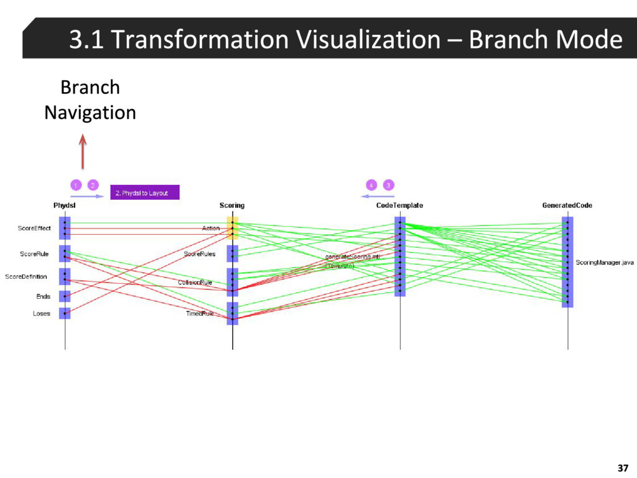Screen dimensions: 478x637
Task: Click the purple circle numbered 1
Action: pos(75,185)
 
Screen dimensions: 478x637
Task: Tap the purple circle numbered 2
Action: pos(93,185)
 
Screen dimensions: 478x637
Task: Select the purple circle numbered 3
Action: pos(388,185)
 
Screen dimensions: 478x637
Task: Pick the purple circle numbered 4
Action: pos(371,185)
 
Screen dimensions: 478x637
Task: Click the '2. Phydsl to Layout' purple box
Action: pos(145,193)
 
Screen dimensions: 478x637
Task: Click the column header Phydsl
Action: pos(65,205)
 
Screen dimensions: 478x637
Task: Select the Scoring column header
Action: pos(232,205)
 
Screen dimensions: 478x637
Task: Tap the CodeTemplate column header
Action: pos(399,205)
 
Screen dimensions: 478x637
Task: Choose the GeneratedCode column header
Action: pos(567,205)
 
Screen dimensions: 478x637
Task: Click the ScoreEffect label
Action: pos(34,228)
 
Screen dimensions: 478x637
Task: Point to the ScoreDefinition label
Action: pos(26,277)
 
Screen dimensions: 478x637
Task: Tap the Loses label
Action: pos(42,314)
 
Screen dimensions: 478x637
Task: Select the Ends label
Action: pos(43,297)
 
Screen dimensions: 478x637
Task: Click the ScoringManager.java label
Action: pos(605,263)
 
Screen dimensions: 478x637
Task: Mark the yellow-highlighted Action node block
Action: pos(232,228)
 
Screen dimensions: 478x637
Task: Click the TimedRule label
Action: pos(200,314)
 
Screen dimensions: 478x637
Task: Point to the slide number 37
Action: pos(623,468)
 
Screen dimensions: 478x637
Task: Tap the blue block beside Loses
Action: pos(65,313)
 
